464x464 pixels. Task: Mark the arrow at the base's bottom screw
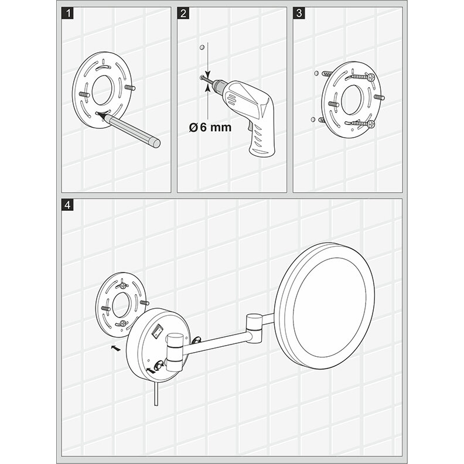click(153, 370)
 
